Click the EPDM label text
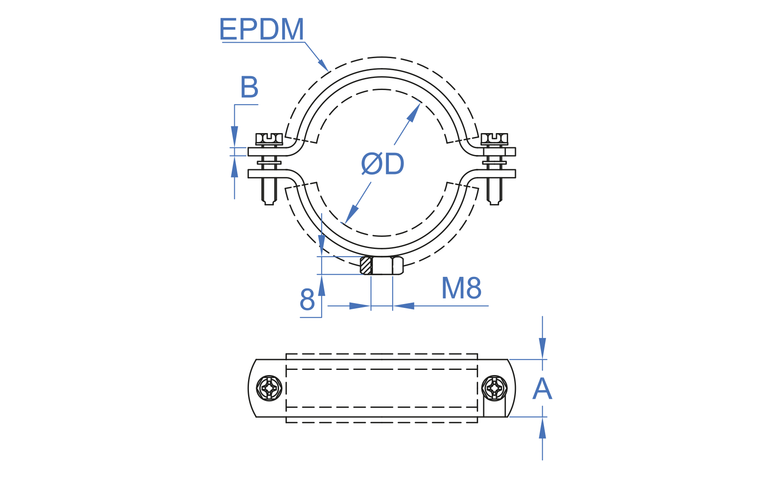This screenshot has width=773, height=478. click(261, 29)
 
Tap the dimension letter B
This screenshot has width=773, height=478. click(249, 87)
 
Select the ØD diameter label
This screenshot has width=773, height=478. click(382, 164)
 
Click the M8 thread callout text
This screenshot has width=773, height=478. click(461, 288)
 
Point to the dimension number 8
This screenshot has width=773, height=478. click(307, 300)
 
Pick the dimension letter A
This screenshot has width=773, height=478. click(542, 389)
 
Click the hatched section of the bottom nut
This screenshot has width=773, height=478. click(366, 265)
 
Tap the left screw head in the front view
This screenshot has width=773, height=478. click(269, 138)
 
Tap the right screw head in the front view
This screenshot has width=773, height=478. click(494, 138)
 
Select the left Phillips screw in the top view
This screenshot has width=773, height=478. click(270, 388)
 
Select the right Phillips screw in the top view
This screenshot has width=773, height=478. click(494, 388)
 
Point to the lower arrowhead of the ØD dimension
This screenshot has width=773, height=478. click(351, 214)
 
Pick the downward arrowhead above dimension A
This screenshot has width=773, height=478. click(542, 348)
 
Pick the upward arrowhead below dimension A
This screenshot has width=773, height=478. click(542, 428)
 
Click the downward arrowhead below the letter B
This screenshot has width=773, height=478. click(234, 136)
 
